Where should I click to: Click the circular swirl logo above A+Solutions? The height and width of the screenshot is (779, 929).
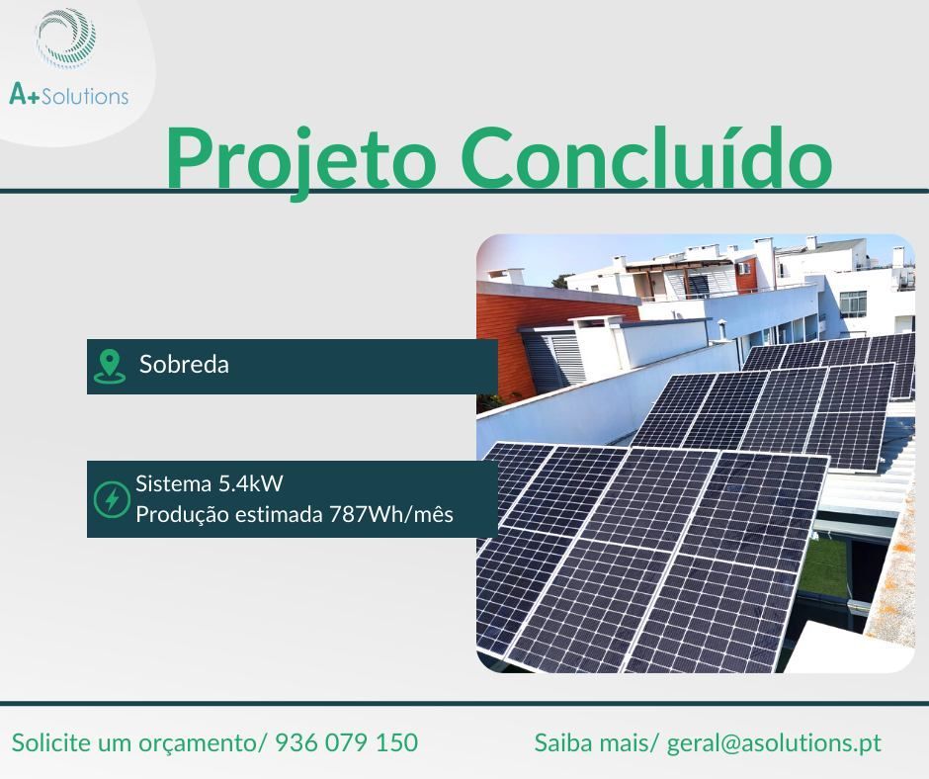pyautogui.click(x=66, y=41)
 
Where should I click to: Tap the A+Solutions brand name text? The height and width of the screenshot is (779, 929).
pyautogui.click(x=68, y=95)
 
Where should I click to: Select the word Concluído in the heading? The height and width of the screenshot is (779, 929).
pyautogui.click(x=648, y=157)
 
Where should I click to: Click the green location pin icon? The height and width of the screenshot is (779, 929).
pyautogui.click(x=109, y=366)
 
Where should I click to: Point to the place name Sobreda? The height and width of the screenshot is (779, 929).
pyautogui.click(x=184, y=365)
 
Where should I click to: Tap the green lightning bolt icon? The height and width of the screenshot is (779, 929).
pyautogui.click(x=111, y=499)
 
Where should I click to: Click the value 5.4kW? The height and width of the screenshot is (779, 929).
pyautogui.click(x=252, y=485)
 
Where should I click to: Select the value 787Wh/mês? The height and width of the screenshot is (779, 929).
pyautogui.click(x=390, y=515)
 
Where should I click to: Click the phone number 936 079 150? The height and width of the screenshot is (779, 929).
pyautogui.click(x=346, y=742)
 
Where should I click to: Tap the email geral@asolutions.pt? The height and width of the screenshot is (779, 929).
pyautogui.click(x=774, y=742)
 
